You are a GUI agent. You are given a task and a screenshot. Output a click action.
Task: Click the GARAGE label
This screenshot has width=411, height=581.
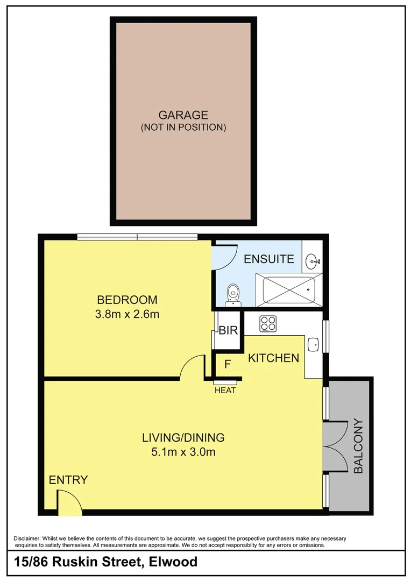(183, 115)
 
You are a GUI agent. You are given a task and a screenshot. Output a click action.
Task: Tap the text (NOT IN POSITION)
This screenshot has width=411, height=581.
(183, 127)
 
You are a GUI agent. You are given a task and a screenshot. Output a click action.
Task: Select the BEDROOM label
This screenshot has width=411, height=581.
(127, 300)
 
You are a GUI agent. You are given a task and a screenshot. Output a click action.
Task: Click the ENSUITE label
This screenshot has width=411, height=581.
(269, 259)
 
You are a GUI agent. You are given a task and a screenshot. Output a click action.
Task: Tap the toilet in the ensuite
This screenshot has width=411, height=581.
(233, 294)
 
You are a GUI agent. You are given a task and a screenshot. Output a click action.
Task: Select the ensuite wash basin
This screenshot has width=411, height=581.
(313, 262)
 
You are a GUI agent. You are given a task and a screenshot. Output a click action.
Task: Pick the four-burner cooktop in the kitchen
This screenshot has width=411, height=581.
(268, 323)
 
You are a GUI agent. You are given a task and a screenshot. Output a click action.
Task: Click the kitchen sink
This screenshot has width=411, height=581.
(313, 344)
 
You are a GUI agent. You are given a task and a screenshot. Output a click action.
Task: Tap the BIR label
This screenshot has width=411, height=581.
(228, 331)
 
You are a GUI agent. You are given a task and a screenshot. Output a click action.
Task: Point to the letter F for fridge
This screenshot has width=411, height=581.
(228, 364)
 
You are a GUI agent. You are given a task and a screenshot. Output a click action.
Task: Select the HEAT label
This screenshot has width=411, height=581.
(225, 391)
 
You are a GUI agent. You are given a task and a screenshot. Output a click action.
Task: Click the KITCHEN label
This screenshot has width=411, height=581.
(273, 358)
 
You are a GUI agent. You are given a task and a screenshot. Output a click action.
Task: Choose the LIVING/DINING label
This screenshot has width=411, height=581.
(183, 437)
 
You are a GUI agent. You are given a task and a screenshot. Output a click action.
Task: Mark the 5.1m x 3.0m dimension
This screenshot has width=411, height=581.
(183, 452)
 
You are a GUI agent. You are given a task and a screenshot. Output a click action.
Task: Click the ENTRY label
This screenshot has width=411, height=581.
(68, 480)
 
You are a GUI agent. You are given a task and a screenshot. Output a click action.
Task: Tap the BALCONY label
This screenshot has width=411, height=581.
(359, 446)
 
